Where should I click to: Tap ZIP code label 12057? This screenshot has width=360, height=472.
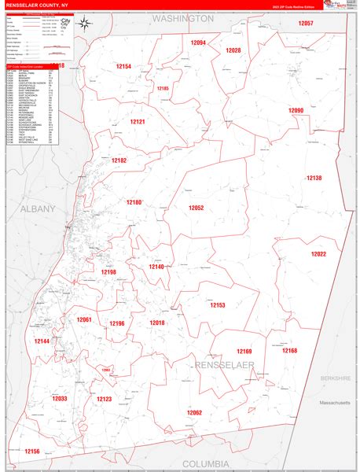pos(306,24)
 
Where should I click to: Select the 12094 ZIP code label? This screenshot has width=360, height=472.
pos(197,42)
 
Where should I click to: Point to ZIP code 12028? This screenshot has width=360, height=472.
pos(233,50)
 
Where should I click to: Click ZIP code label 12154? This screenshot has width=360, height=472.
pos(123,67)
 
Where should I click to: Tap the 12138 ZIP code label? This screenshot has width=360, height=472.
pos(314,178)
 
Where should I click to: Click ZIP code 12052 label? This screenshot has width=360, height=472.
pos(196,208)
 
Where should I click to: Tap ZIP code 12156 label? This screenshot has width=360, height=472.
pos(32,452)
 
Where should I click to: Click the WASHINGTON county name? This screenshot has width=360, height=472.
pos(182,17)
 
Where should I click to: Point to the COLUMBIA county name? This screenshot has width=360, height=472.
pos(205,463)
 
